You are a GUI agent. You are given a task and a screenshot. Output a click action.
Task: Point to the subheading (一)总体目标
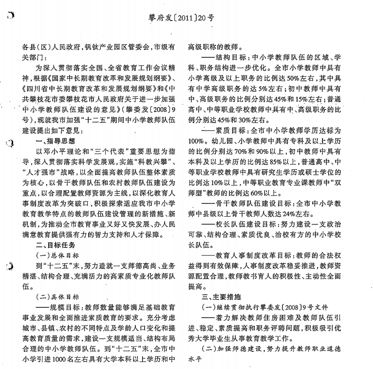pos(57,255)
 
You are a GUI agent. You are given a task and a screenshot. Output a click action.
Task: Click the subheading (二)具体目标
pos(57,295)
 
